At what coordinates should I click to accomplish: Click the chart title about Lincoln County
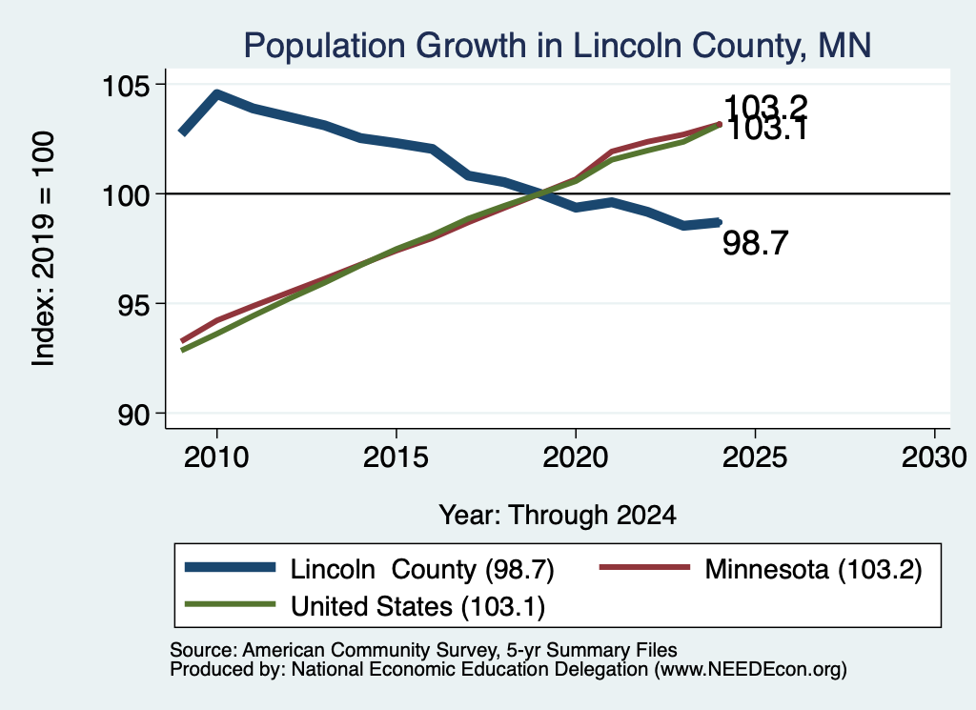coord(557,46)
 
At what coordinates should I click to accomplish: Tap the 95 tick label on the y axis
coord(133,304)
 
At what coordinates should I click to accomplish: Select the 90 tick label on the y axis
coord(133,415)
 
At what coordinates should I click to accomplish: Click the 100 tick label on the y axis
coord(127,195)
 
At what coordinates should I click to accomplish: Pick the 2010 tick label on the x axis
coord(216,457)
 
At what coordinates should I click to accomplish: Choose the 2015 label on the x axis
coord(396,457)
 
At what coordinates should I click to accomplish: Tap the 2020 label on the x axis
coord(575,457)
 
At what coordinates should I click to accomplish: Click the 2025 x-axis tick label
coord(755,457)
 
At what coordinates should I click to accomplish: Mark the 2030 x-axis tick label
coord(934,457)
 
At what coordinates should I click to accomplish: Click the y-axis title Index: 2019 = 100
coord(44,249)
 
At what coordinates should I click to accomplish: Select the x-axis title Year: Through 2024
coord(558,516)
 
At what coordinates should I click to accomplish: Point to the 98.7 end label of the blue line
coord(755,243)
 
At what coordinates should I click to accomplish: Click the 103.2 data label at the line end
coord(765,107)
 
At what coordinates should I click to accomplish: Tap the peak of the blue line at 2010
coord(216,94)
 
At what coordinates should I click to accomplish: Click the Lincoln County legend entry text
coord(422,569)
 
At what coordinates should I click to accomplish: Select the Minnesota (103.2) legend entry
coord(813,569)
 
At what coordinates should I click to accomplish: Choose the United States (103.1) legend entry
coord(417,606)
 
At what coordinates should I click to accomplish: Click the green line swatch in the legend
coord(230,604)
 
